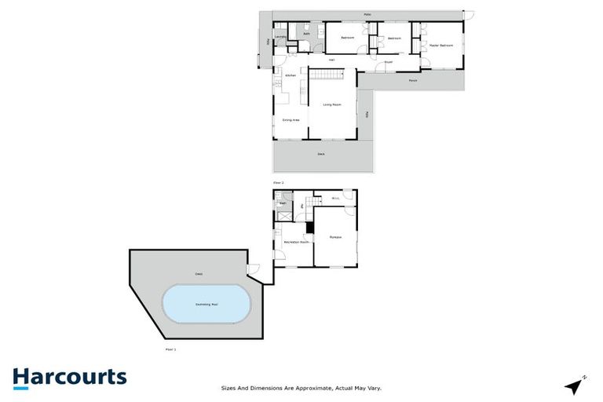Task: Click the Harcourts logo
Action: pos(69,377)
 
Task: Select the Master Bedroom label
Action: pos(441,46)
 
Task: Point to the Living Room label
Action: pos(331,104)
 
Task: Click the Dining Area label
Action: pos(291,119)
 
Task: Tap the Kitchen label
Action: pos(290,75)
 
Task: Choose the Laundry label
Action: pos(280,36)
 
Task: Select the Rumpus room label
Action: pos(335,236)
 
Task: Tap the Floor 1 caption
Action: pos(170,349)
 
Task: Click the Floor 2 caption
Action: pos(277,181)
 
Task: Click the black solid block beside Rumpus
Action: pos(310,228)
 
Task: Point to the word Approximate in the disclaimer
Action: pos(310,388)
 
